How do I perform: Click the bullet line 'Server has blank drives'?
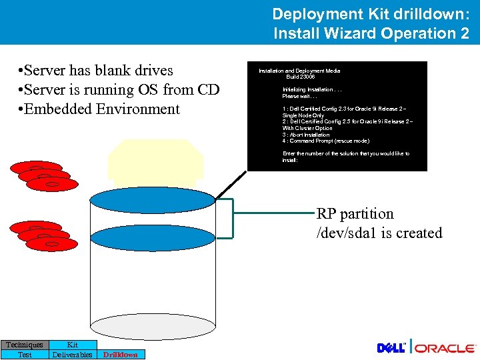coord(96,71)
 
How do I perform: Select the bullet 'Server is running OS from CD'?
coord(119,89)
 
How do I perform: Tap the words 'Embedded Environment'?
coord(99,109)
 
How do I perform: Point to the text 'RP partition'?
coord(355,214)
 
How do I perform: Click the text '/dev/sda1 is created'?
coord(379,233)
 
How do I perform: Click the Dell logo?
coord(392,348)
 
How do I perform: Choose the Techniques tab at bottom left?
coord(25,345)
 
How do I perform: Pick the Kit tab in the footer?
coord(73,345)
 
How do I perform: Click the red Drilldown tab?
coord(121,355)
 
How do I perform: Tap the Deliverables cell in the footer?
coord(73,355)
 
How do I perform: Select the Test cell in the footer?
coord(25,355)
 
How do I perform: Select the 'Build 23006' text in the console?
coord(301,77)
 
